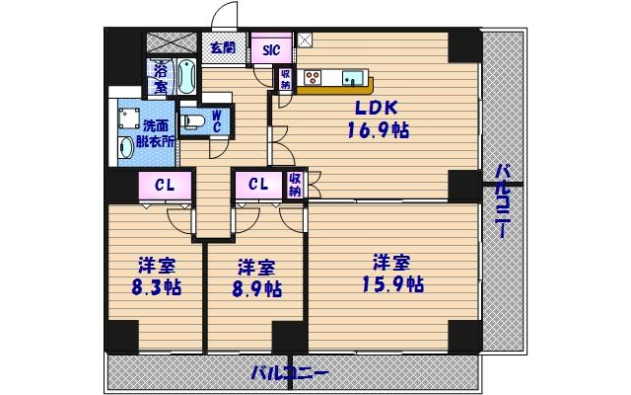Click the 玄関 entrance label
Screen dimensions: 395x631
221,46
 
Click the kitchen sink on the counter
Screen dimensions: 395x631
352,78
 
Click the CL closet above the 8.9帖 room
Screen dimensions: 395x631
258,184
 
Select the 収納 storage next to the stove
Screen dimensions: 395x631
285,79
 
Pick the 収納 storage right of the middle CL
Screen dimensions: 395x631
295,184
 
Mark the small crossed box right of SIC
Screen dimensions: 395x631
305,41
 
